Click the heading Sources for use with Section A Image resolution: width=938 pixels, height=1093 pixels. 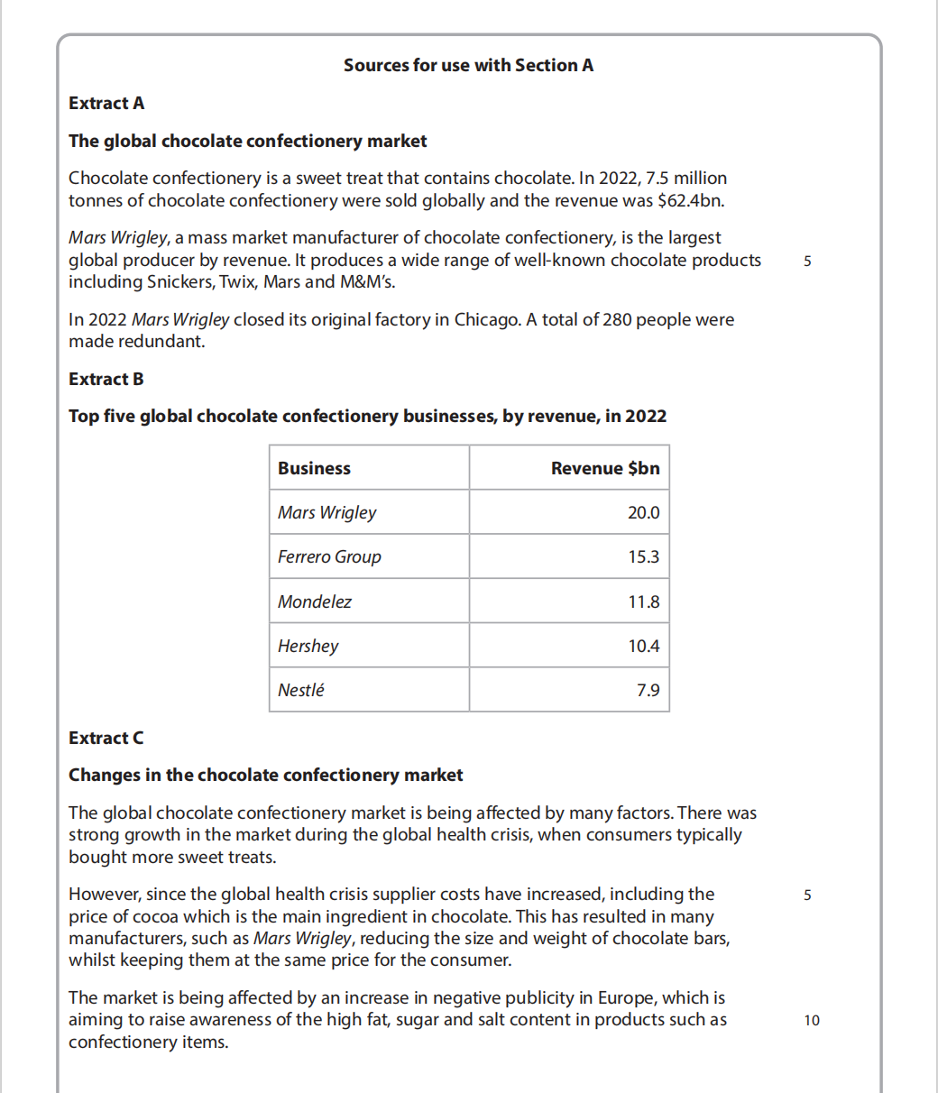click(x=468, y=65)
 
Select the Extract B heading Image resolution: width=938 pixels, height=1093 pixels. click(x=106, y=379)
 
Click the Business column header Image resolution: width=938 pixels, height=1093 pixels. click(x=314, y=468)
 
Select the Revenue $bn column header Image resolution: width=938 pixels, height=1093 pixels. click(x=605, y=468)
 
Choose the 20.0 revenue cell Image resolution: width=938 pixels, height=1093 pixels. click(x=643, y=512)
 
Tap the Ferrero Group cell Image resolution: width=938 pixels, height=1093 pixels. click(x=329, y=556)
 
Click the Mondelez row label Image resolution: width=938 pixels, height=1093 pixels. click(x=315, y=602)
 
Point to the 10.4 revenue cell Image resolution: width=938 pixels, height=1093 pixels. click(x=643, y=646)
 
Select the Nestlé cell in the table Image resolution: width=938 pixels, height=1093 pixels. click(x=301, y=690)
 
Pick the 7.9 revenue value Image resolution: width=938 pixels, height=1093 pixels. click(x=648, y=690)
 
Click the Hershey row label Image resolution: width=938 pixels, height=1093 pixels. click(x=308, y=646)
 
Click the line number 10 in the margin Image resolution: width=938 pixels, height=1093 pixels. click(x=812, y=1020)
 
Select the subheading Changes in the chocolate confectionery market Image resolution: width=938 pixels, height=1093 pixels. click(x=265, y=775)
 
